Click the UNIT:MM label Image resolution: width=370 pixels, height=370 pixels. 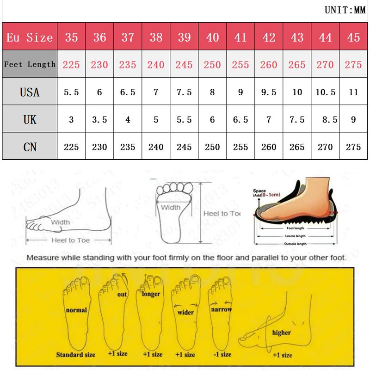[x=345, y=10]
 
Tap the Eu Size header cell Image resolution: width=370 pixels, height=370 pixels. [x=30, y=37]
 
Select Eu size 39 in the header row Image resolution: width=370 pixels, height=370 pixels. [x=184, y=37]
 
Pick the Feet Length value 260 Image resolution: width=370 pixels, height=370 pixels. [x=269, y=65]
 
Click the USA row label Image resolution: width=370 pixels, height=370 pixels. [x=30, y=92]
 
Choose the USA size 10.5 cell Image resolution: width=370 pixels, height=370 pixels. [x=325, y=92]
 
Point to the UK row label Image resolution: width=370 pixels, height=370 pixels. [x=30, y=119]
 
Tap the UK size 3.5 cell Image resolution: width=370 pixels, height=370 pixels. [x=99, y=119]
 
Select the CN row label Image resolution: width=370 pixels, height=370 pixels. [x=30, y=147]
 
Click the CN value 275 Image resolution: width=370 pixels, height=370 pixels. [x=353, y=147]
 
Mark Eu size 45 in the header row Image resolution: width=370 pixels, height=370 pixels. [x=353, y=37]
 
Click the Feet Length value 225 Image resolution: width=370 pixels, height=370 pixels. [x=71, y=65]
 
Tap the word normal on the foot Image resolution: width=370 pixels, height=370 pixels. [x=76, y=310]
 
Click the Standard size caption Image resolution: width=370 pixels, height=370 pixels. [x=76, y=355]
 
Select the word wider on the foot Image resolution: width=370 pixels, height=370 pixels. [x=185, y=312]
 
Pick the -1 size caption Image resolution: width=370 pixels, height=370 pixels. [x=220, y=354]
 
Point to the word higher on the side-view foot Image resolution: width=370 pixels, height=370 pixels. [x=281, y=333]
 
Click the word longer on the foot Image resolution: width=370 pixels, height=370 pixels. [x=151, y=294]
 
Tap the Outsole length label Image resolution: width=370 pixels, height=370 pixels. [x=296, y=243]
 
